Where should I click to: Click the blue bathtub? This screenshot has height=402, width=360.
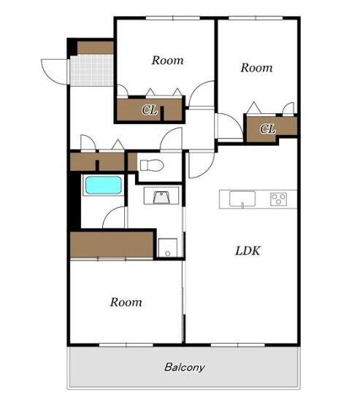tap(103, 185)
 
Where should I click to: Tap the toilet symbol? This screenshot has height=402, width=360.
tap(152, 165)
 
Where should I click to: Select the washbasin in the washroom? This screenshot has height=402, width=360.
tap(161, 198)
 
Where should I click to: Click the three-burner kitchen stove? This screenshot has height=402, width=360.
tap(278, 199)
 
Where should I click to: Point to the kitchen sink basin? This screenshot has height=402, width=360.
tap(242, 198)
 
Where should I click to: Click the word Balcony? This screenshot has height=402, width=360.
tap(185, 368)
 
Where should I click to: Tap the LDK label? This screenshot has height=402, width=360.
tap(248, 251)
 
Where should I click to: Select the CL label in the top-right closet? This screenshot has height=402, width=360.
tap(267, 128)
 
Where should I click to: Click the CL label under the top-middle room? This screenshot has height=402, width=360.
tap(150, 110)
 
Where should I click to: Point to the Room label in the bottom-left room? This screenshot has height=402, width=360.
tap(126, 302)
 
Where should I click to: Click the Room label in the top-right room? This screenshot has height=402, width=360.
tap(256, 68)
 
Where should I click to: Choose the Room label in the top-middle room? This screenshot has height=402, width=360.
tap(168, 61)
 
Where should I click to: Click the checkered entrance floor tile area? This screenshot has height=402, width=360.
tap(91, 70)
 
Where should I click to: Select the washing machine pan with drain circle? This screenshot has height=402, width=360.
tap(167, 247)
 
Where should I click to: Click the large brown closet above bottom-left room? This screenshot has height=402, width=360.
tap(112, 244)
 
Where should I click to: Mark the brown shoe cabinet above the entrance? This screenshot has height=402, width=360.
tap(95, 47)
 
